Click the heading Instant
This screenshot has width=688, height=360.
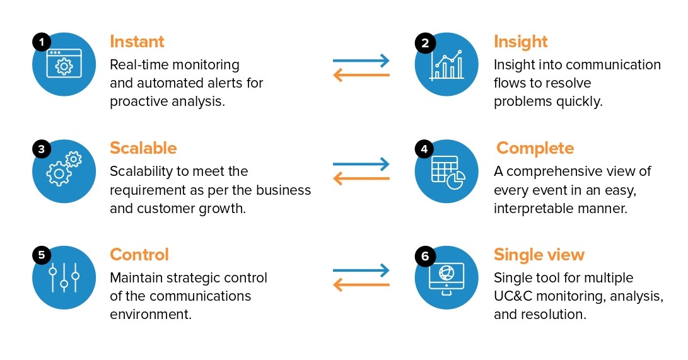point(137,42)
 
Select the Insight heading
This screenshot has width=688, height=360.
point(520,42)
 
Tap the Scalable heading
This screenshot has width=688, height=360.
point(143,148)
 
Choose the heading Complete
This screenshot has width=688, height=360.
point(535,148)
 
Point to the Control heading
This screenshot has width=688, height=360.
point(139,255)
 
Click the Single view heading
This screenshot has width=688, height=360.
point(539,255)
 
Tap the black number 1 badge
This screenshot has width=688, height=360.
point(42,43)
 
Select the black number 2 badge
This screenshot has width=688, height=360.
point(425,43)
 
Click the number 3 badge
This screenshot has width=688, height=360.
point(42,149)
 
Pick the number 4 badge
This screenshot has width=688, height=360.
point(425,149)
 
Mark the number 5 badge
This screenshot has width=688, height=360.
point(42,255)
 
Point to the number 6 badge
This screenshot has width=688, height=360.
point(425,256)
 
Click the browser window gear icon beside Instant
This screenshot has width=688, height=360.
point(64,64)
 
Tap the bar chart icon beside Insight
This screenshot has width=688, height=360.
point(446,65)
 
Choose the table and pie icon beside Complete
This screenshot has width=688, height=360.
point(447,171)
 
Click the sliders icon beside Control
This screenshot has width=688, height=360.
point(64,277)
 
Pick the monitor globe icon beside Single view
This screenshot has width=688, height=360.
point(446,277)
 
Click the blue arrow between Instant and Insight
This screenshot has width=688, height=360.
point(361,61)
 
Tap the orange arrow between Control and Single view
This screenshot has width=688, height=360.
point(361,286)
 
